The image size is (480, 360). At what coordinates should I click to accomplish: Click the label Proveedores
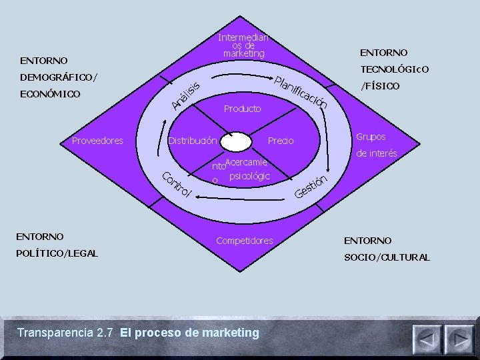[98, 140]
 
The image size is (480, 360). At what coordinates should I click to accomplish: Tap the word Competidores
[245, 240]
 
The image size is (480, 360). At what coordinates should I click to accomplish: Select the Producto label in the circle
[243, 108]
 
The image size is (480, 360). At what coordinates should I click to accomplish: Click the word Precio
[280, 141]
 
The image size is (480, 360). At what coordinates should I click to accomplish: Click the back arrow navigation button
[427, 339]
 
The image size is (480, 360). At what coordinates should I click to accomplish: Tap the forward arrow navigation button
[459, 339]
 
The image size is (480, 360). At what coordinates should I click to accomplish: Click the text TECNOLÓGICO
[395, 69]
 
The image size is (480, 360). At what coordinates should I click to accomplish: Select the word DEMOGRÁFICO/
[59, 77]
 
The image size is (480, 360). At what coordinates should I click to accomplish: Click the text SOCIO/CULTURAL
[387, 257]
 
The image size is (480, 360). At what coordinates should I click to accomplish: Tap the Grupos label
[371, 137]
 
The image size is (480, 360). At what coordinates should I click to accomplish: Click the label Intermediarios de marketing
[244, 45]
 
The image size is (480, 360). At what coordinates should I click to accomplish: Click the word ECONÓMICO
[51, 94]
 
